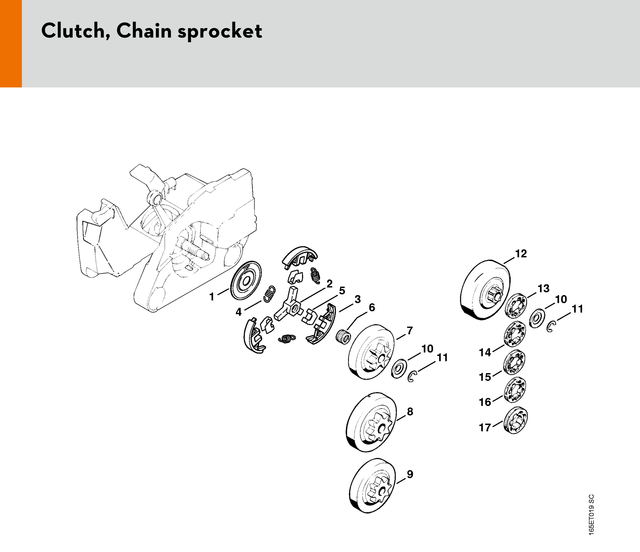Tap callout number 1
pyautogui.click(x=212, y=297)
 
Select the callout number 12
pyautogui.click(x=520, y=254)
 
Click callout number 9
pyautogui.click(x=410, y=474)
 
